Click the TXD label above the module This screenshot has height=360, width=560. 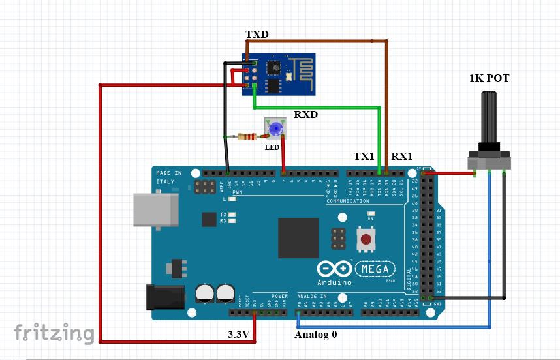pos(257,34)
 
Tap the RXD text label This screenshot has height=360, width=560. pos(305,114)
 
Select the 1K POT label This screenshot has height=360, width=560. pos(489,78)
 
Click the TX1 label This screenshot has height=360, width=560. pos(364,157)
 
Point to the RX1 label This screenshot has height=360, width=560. pos(401,157)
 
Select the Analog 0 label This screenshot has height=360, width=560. pos(316,335)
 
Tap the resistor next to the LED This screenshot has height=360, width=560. pos(247,136)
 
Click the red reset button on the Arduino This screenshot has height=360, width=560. pos(366,239)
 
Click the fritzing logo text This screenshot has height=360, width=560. pos(54,333)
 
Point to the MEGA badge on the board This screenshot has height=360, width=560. pos(375,269)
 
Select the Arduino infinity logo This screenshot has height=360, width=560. pos(334,269)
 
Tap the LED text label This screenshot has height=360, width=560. pos(272,147)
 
